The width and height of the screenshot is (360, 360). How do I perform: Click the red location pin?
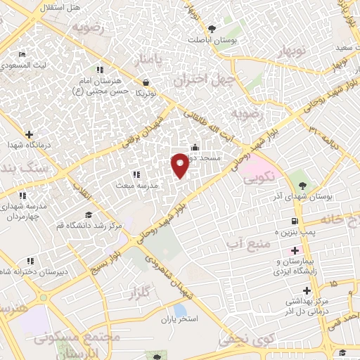[x=180, y=165]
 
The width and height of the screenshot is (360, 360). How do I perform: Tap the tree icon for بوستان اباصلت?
[x=212, y=29]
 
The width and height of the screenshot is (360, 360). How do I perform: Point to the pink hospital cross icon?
[x=295, y=251]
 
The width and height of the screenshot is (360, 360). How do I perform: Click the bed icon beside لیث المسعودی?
[x=22, y=54]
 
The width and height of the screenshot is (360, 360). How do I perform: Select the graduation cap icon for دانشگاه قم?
[x=89, y=214]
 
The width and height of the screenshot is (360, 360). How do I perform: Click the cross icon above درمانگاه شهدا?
[x=28, y=134]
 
